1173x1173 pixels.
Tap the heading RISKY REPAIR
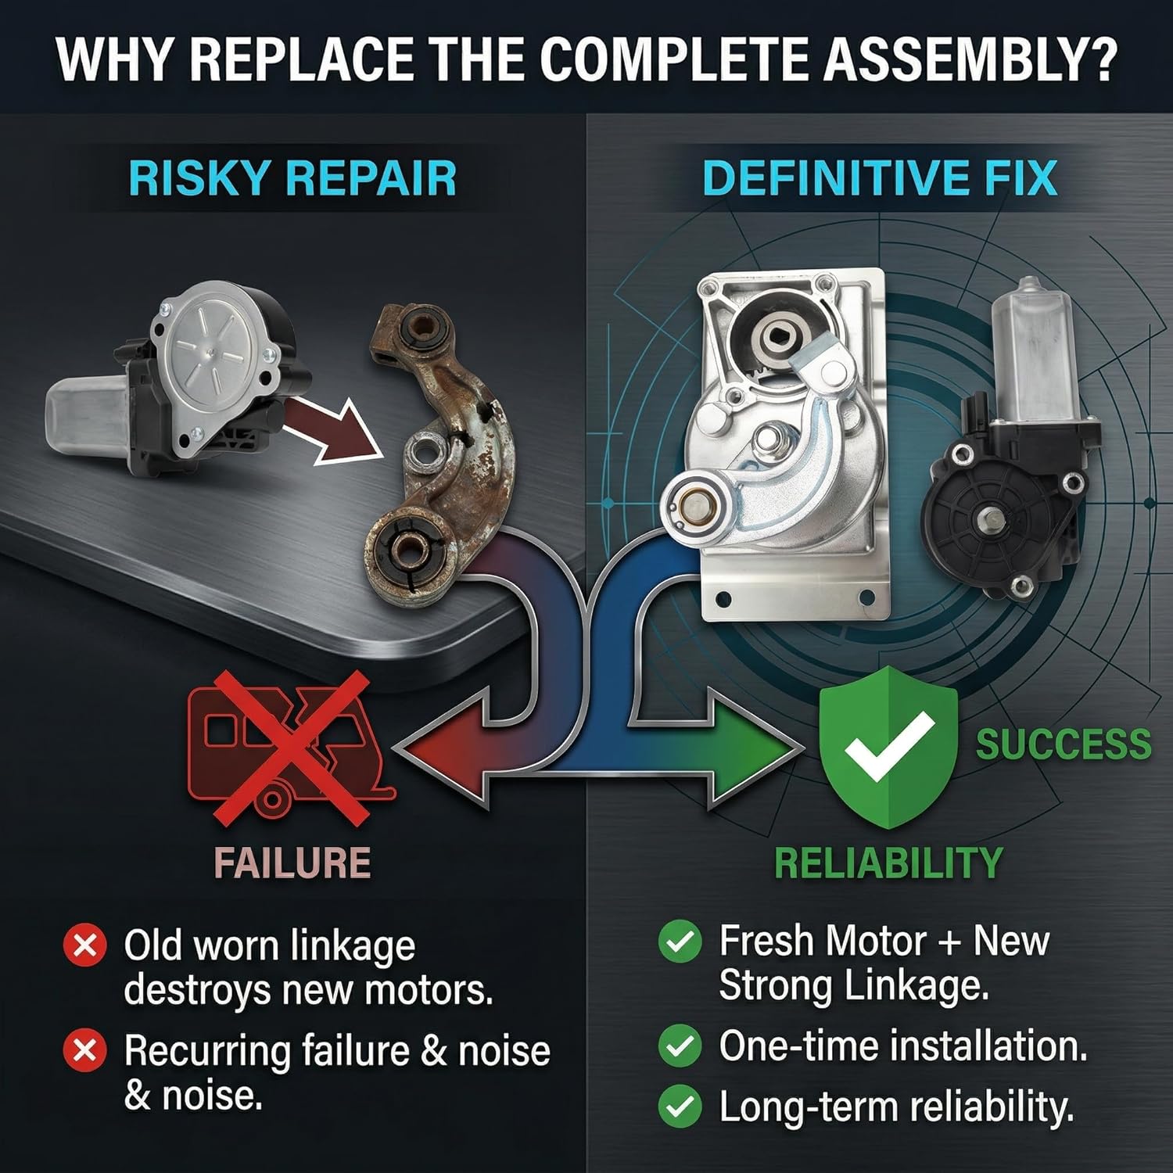tap(292, 178)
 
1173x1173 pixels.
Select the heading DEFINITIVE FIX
tap(880, 178)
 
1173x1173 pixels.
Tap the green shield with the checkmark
tap(888, 747)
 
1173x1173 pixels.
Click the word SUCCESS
tap(1064, 744)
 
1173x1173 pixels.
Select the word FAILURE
tap(292, 863)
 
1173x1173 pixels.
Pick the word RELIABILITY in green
tap(888, 863)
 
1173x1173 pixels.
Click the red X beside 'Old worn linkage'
tap(84, 945)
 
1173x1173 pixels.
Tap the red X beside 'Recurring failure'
tap(84, 1050)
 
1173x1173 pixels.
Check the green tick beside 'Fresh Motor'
tap(680, 942)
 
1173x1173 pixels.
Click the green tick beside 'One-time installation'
tap(680, 1046)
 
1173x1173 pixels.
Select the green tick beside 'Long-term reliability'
tap(680, 1107)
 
